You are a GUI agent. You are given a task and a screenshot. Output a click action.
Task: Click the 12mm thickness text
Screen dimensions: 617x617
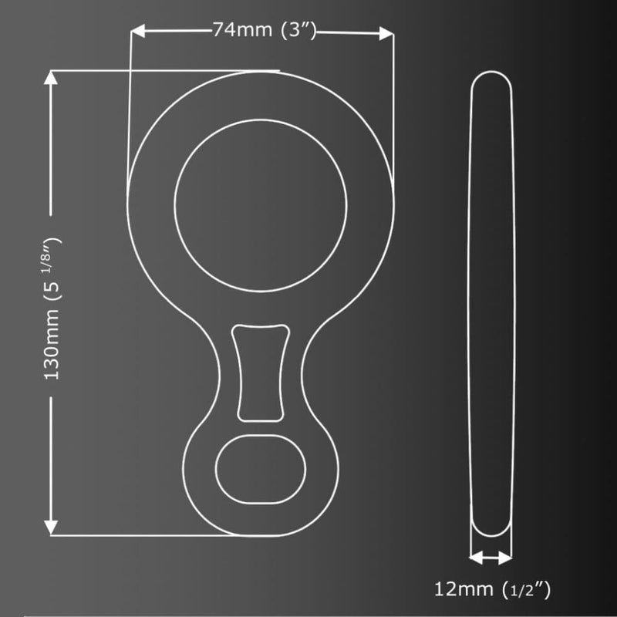[464, 591]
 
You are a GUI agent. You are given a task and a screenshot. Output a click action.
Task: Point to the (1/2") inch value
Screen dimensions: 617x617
[526, 591]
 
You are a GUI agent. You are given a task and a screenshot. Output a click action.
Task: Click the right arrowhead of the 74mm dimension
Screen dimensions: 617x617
[386, 32]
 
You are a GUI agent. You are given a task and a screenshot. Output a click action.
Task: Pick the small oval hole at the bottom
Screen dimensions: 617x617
[261, 471]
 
